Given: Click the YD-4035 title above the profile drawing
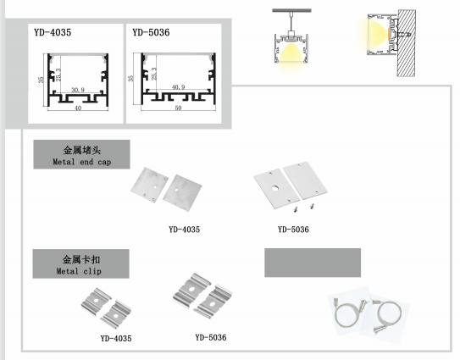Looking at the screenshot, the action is point(53,32).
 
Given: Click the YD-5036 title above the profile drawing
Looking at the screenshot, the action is point(151,32).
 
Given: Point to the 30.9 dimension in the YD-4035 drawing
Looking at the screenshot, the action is point(78,90).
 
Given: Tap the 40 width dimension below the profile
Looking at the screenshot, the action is point(78,108).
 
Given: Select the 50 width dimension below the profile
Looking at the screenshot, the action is point(178,108).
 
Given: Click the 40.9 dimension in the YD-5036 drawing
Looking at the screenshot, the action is point(178,87).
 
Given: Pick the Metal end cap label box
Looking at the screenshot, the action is point(81,154).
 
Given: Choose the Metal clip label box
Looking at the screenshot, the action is point(80,263).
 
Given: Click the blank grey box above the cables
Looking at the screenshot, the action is point(313,263).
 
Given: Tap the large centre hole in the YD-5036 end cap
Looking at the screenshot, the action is point(274,188).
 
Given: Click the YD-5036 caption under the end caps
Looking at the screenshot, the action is point(293,230).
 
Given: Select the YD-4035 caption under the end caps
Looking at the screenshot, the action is point(184,230).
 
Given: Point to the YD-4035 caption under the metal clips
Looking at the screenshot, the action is point(116,338).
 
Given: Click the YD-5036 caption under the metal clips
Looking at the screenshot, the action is point(211,337).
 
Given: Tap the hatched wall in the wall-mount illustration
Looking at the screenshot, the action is point(407,43).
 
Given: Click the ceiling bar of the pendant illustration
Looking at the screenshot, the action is point(291,10).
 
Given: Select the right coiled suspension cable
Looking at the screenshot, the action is point(386,316).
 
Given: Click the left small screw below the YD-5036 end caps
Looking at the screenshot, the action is point(297,209).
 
